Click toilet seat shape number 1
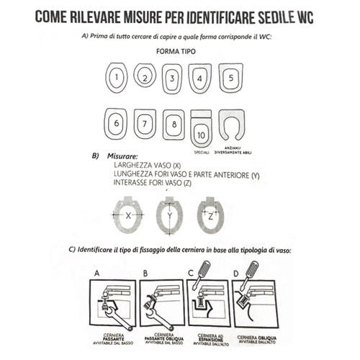pyautogui.click(x=117, y=77)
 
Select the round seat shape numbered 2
pyautogui.click(x=145, y=76)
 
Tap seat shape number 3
pyautogui.click(x=172, y=78)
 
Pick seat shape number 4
pyautogui.click(x=199, y=78)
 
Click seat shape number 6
pyautogui.click(x=116, y=123)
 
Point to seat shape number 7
pyautogui.click(x=145, y=124)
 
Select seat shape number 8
pyautogui.click(x=173, y=124)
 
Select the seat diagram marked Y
pyautogui.click(x=170, y=215)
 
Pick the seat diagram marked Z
pyautogui.click(x=210, y=215)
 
